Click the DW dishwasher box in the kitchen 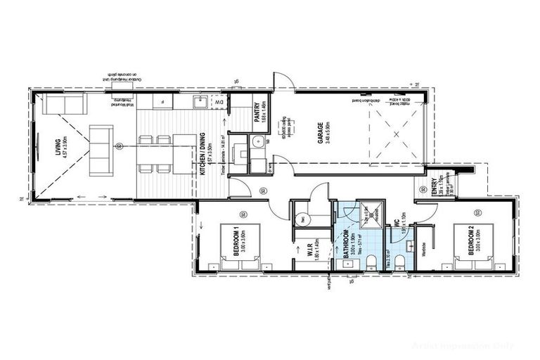221,103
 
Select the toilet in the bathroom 370,263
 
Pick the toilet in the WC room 399,263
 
